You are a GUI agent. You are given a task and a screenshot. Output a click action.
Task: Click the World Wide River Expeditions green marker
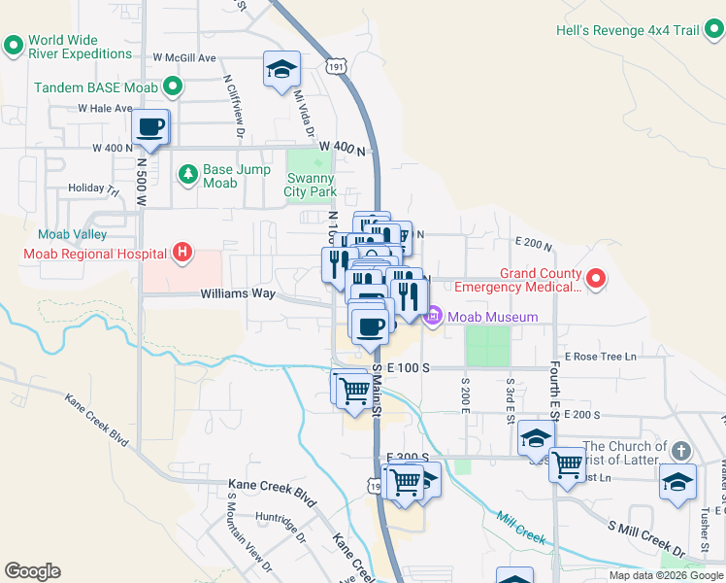point(14,45)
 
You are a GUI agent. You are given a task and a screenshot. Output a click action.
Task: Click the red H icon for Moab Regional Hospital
point(181,255)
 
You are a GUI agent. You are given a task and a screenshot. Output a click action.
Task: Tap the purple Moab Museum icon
point(433,317)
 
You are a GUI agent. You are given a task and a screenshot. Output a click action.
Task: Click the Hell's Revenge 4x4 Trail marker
point(713,30)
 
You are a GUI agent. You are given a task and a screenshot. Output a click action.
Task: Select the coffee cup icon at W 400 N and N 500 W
point(150,126)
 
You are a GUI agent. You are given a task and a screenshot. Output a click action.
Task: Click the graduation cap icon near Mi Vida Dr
point(281,69)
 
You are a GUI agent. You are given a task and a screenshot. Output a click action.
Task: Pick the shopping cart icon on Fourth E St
point(567,463)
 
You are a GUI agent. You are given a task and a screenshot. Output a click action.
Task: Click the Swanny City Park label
point(311,185)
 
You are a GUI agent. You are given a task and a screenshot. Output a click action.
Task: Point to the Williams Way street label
point(238,292)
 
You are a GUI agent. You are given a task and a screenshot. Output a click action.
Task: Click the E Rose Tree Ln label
point(600,357)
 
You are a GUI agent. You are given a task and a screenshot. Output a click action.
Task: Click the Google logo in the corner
point(32,571)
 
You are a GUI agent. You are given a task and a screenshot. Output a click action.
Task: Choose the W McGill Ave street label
point(183,58)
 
